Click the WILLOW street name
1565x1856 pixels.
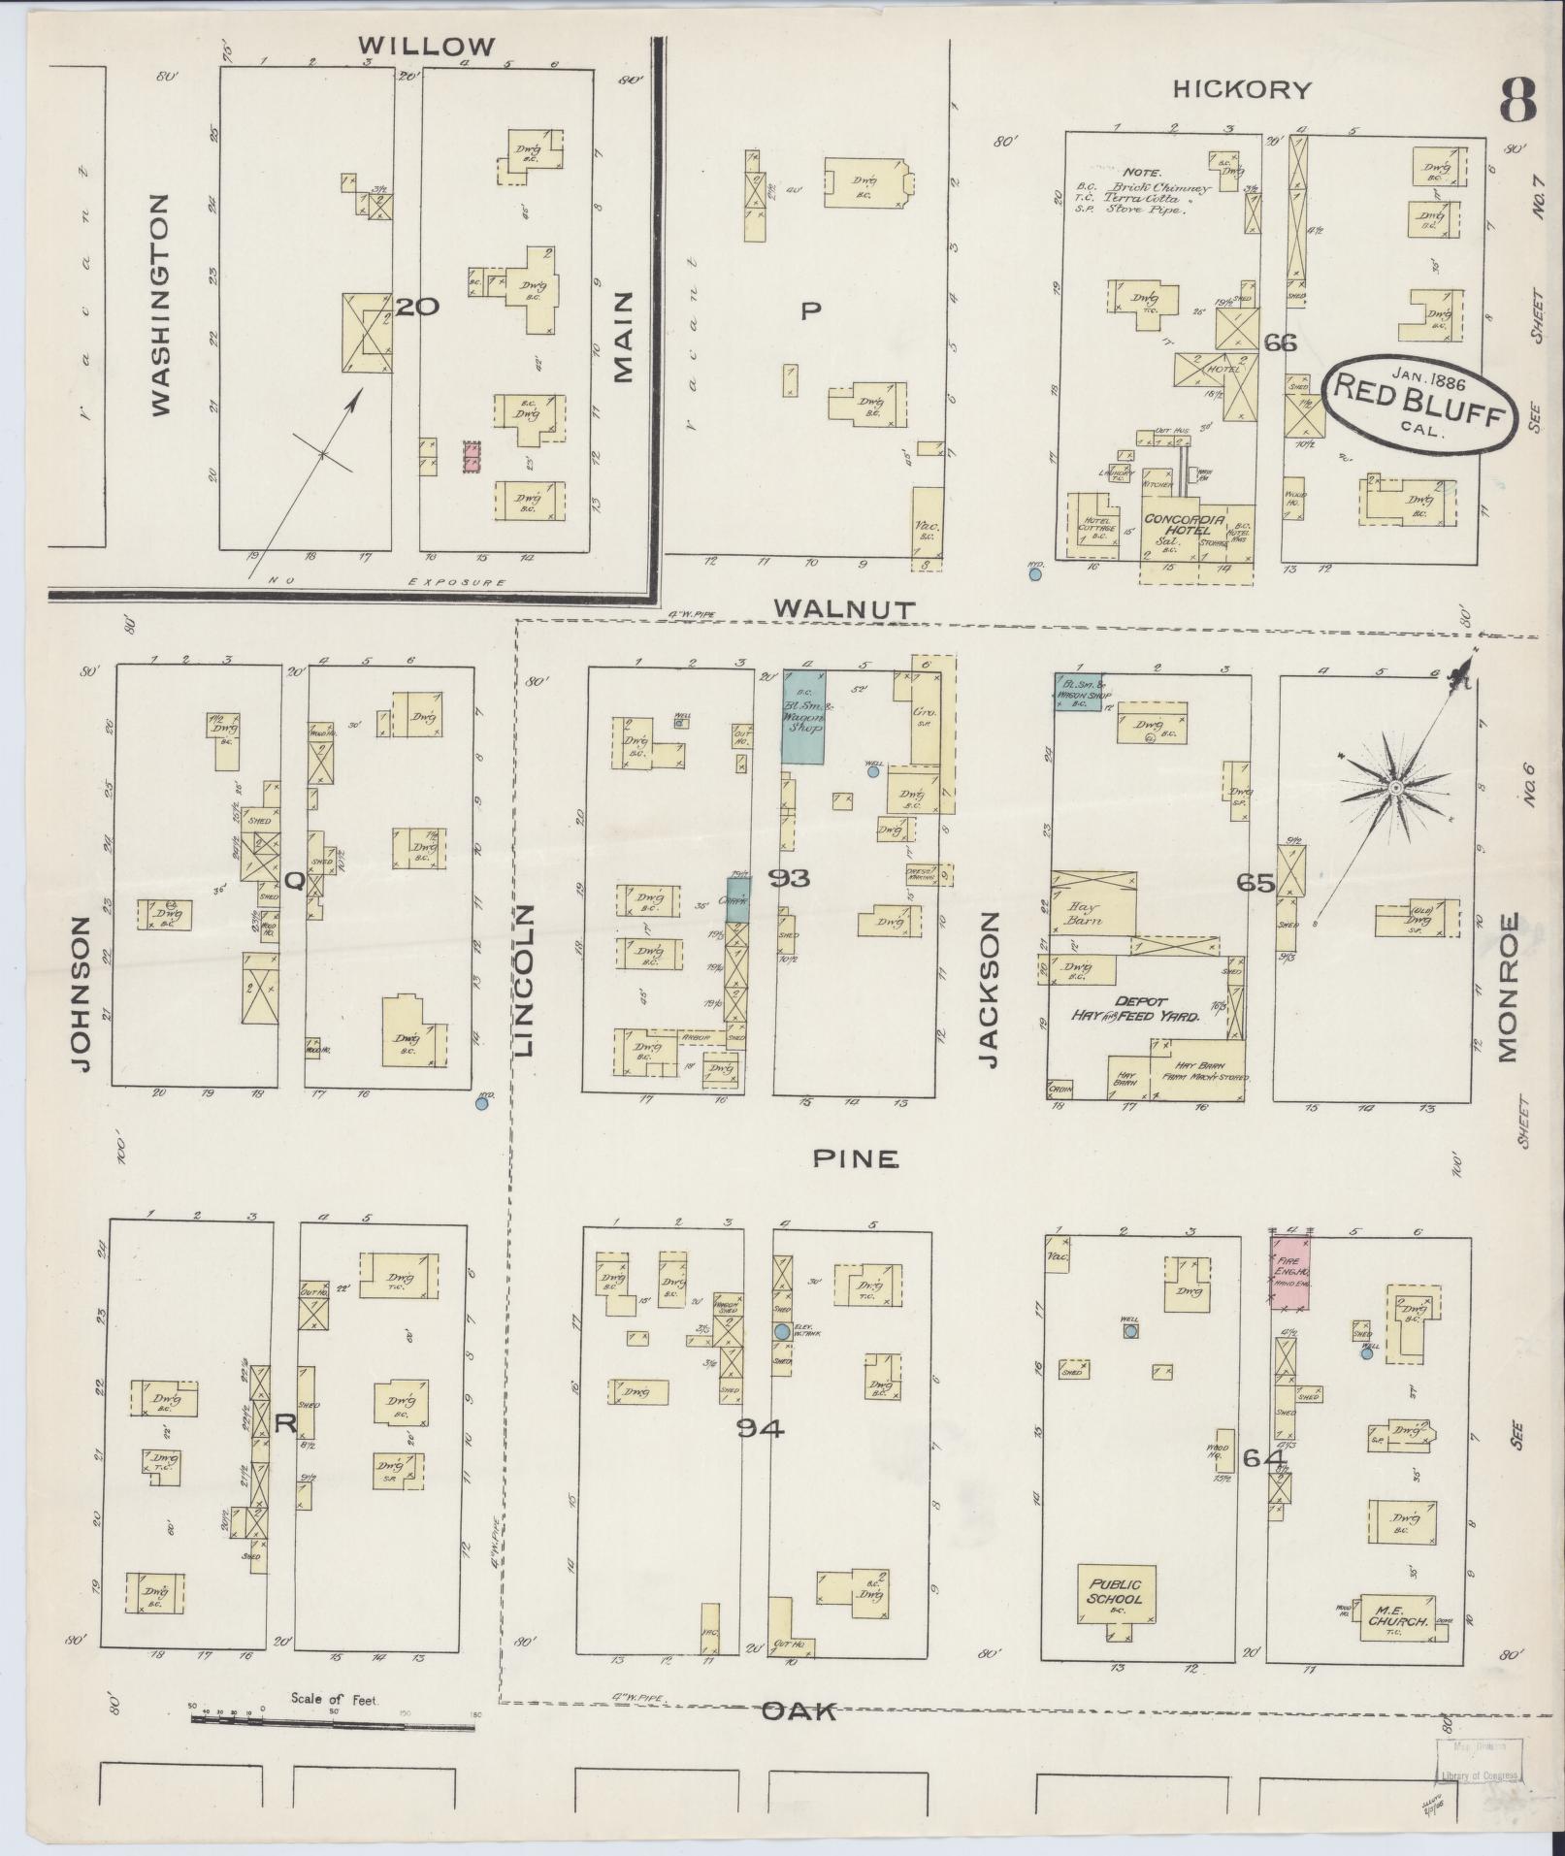pyautogui.click(x=427, y=46)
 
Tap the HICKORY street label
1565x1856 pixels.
pyautogui.click(x=1242, y=90)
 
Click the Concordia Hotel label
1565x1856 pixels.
pyautogui.click(x=1177, y=524)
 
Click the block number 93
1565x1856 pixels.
pyautogui.click(x=789, y=879)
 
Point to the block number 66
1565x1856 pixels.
pyautogui.click(x=1281, y=342)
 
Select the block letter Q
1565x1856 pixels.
pyautogui.click(x=293, y=879)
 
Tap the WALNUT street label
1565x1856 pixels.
pyautogui.click(x=844, y=608)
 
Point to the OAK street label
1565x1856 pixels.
pyautogui.click(x=798, y=1711)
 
